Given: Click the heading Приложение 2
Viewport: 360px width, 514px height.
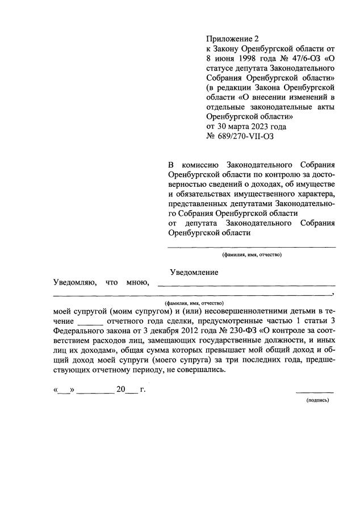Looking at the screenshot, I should pos(232,39).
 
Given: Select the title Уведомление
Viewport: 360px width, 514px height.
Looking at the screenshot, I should pos(194,272).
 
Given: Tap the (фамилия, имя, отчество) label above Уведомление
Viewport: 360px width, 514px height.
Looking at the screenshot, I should pos(252,254).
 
